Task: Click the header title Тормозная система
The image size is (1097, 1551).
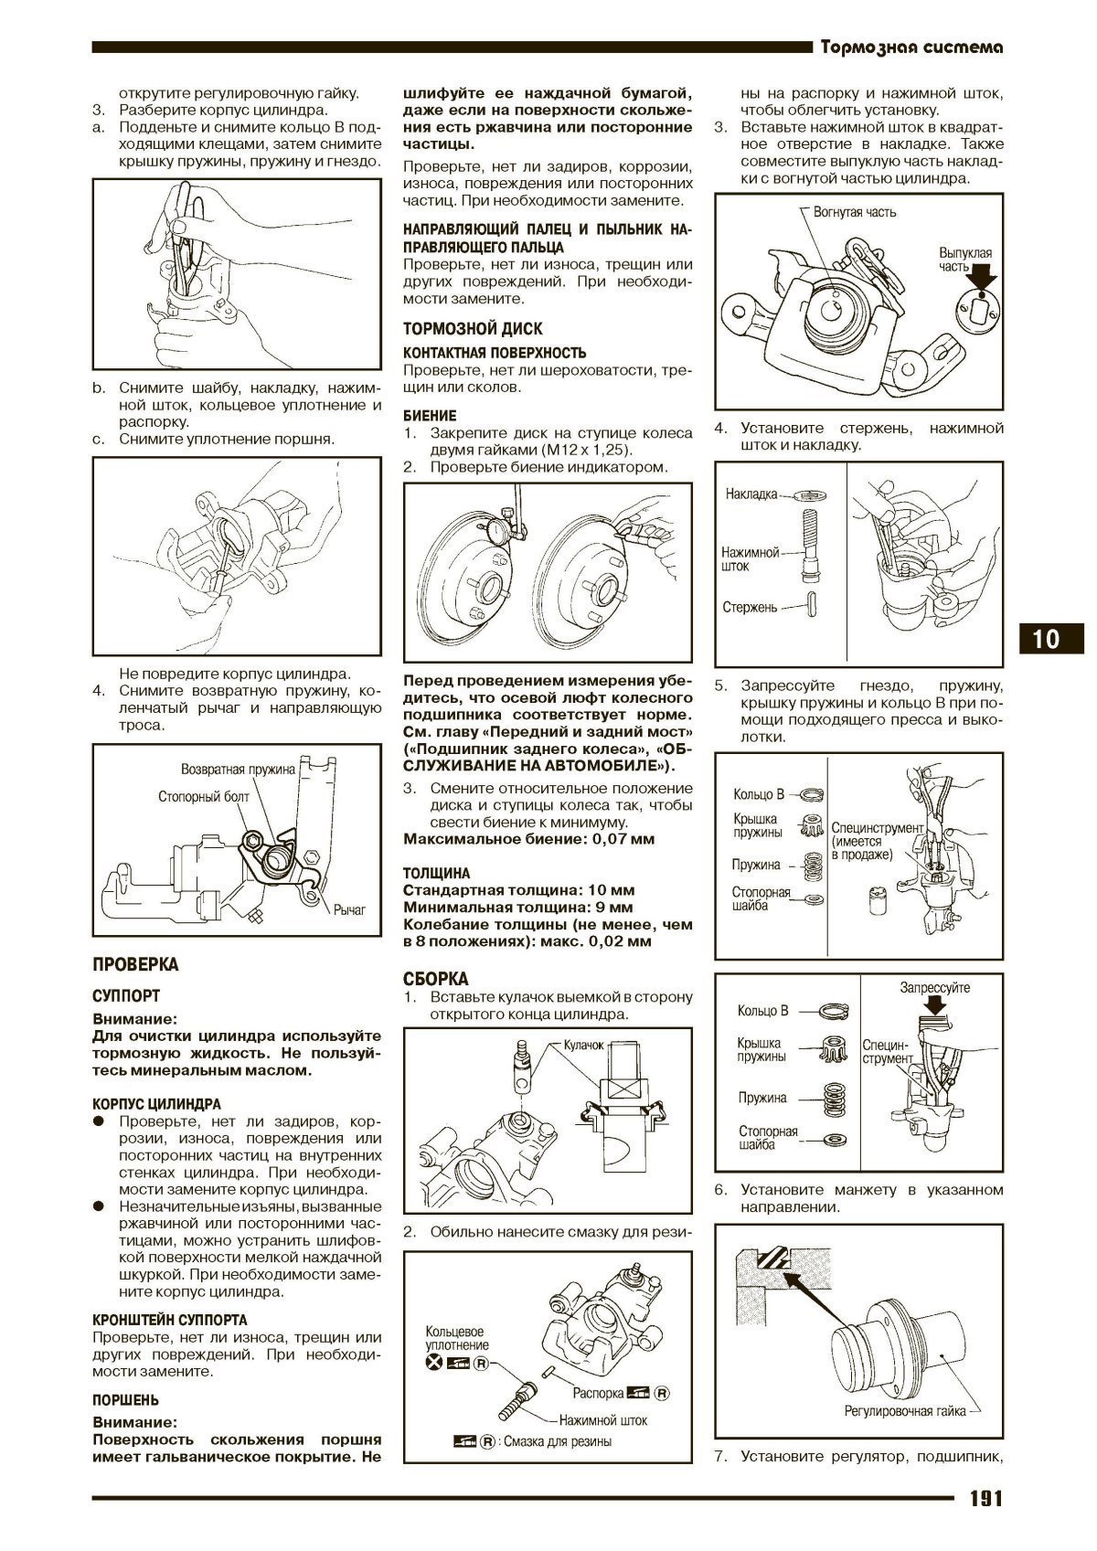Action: point(911,48)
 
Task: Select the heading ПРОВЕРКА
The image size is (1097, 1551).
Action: point(136,965)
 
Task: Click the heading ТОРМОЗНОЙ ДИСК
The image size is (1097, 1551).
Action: point(473,329)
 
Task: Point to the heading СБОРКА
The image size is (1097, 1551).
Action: point(435,979)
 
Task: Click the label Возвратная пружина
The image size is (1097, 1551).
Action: point(238,769)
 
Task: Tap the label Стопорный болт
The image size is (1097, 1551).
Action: point(203,796)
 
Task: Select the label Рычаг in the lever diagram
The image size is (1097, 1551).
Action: point(349,910)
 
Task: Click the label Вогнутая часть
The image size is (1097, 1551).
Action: point(854,212)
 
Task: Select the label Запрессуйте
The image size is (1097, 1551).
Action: point(934,988)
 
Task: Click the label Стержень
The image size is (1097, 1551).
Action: point(750,607)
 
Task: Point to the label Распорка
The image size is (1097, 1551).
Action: point(598,1394)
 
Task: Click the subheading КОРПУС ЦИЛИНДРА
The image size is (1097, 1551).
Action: point(156,1104)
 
